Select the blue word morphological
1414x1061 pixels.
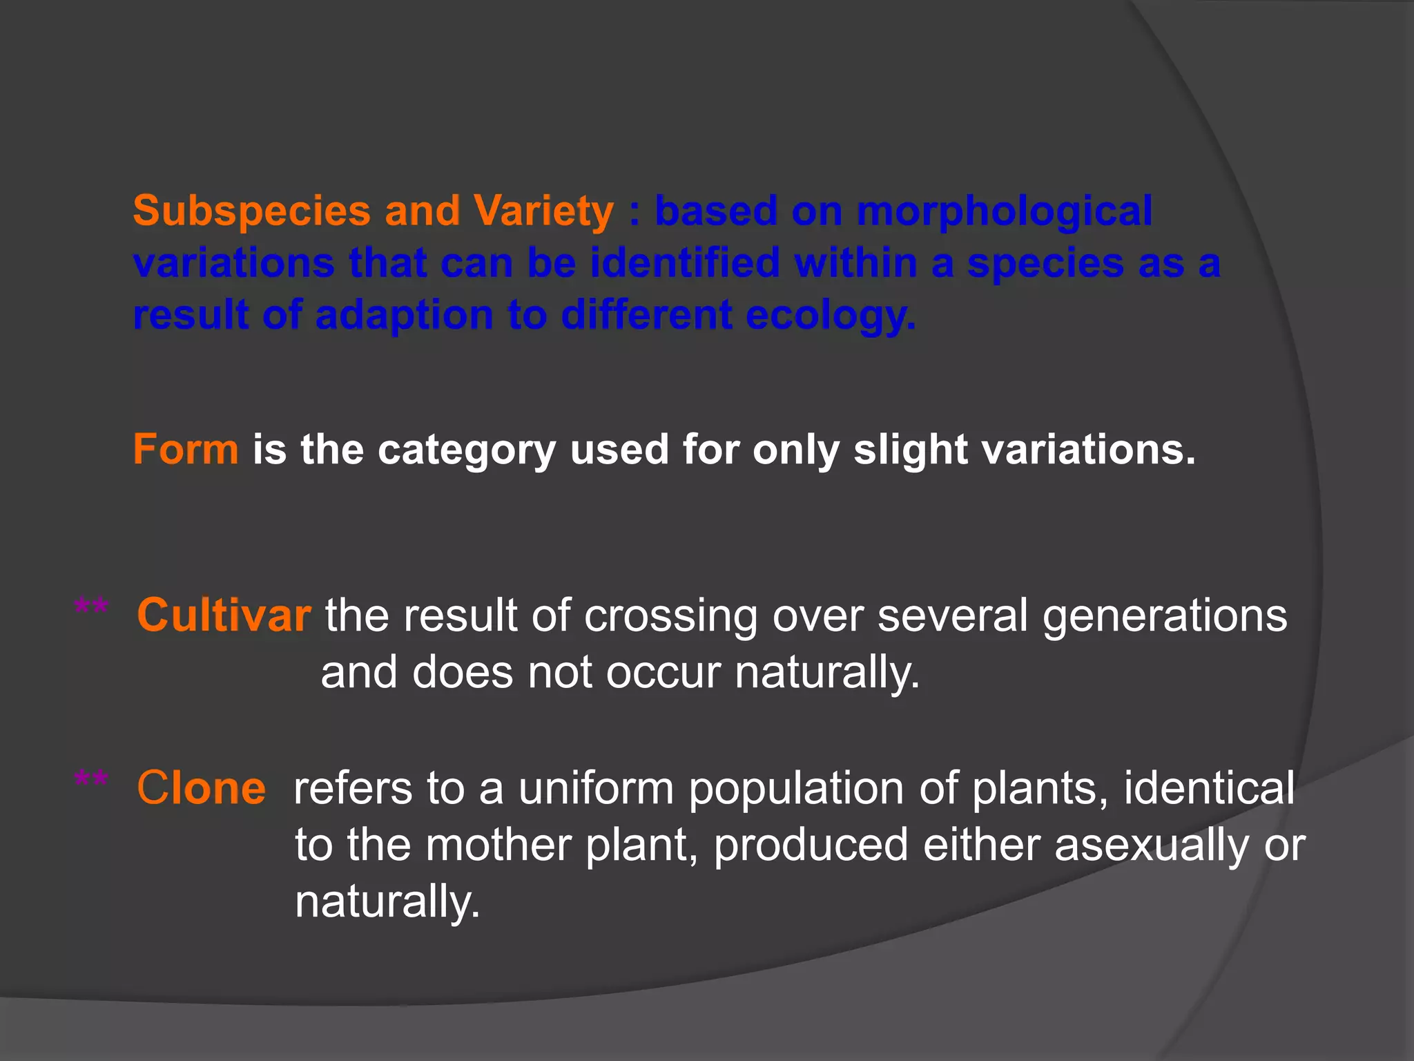tap(1005, 211)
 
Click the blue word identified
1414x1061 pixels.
tap(684, 263)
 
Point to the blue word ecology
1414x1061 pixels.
tap(831, 316)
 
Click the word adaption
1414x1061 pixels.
tap(404, 316)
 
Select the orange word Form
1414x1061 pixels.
tap(186, 450)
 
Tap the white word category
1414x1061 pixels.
tap(466, 450)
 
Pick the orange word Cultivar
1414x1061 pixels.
tap(224, 615)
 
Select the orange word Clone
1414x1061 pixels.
tap(201, 788)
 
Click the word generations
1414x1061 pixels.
tap(1164, 615)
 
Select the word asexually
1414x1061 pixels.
tap(1151, 845)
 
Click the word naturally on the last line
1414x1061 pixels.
tap(387, 901)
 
